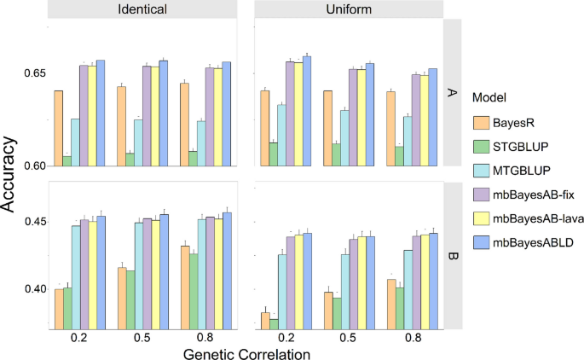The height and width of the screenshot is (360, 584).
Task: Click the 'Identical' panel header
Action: point(144,9)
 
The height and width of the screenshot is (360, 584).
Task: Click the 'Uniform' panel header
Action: point(350,9)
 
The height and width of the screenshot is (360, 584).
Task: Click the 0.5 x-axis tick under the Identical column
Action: point(143,337)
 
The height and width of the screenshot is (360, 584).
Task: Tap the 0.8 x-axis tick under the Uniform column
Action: point(413,337)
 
